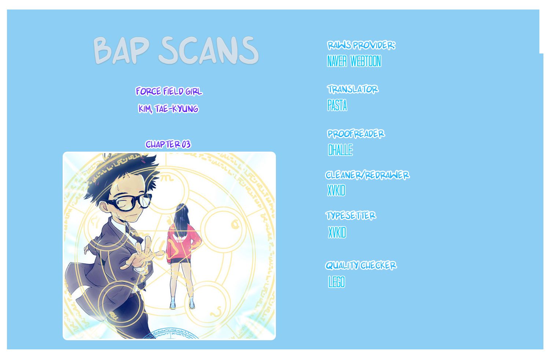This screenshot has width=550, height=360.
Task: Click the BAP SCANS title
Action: [176, 50]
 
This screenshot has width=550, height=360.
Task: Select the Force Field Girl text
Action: [169, 91]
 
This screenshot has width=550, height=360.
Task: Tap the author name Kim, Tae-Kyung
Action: [169, 109]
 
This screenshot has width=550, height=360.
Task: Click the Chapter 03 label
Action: [168, 144]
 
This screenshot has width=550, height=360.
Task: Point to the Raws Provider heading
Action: [361, 45]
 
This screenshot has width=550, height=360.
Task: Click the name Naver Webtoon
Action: [354, 61]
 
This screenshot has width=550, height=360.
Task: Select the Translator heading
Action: [352, 89]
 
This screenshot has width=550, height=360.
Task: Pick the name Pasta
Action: [337, 105]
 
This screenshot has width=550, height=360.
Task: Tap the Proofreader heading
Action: [356, 134]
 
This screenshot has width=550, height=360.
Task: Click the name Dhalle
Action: [340, 150]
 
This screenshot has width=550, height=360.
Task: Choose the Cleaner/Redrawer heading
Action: [367, 175]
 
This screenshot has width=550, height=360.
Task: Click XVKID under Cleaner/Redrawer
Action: [336, 190]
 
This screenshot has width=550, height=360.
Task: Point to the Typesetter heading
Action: [351, 215]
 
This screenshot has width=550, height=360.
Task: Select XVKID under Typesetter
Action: [337, 233]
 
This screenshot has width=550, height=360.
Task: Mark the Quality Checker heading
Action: [361, 265]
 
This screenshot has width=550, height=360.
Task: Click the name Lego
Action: [337, 282]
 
